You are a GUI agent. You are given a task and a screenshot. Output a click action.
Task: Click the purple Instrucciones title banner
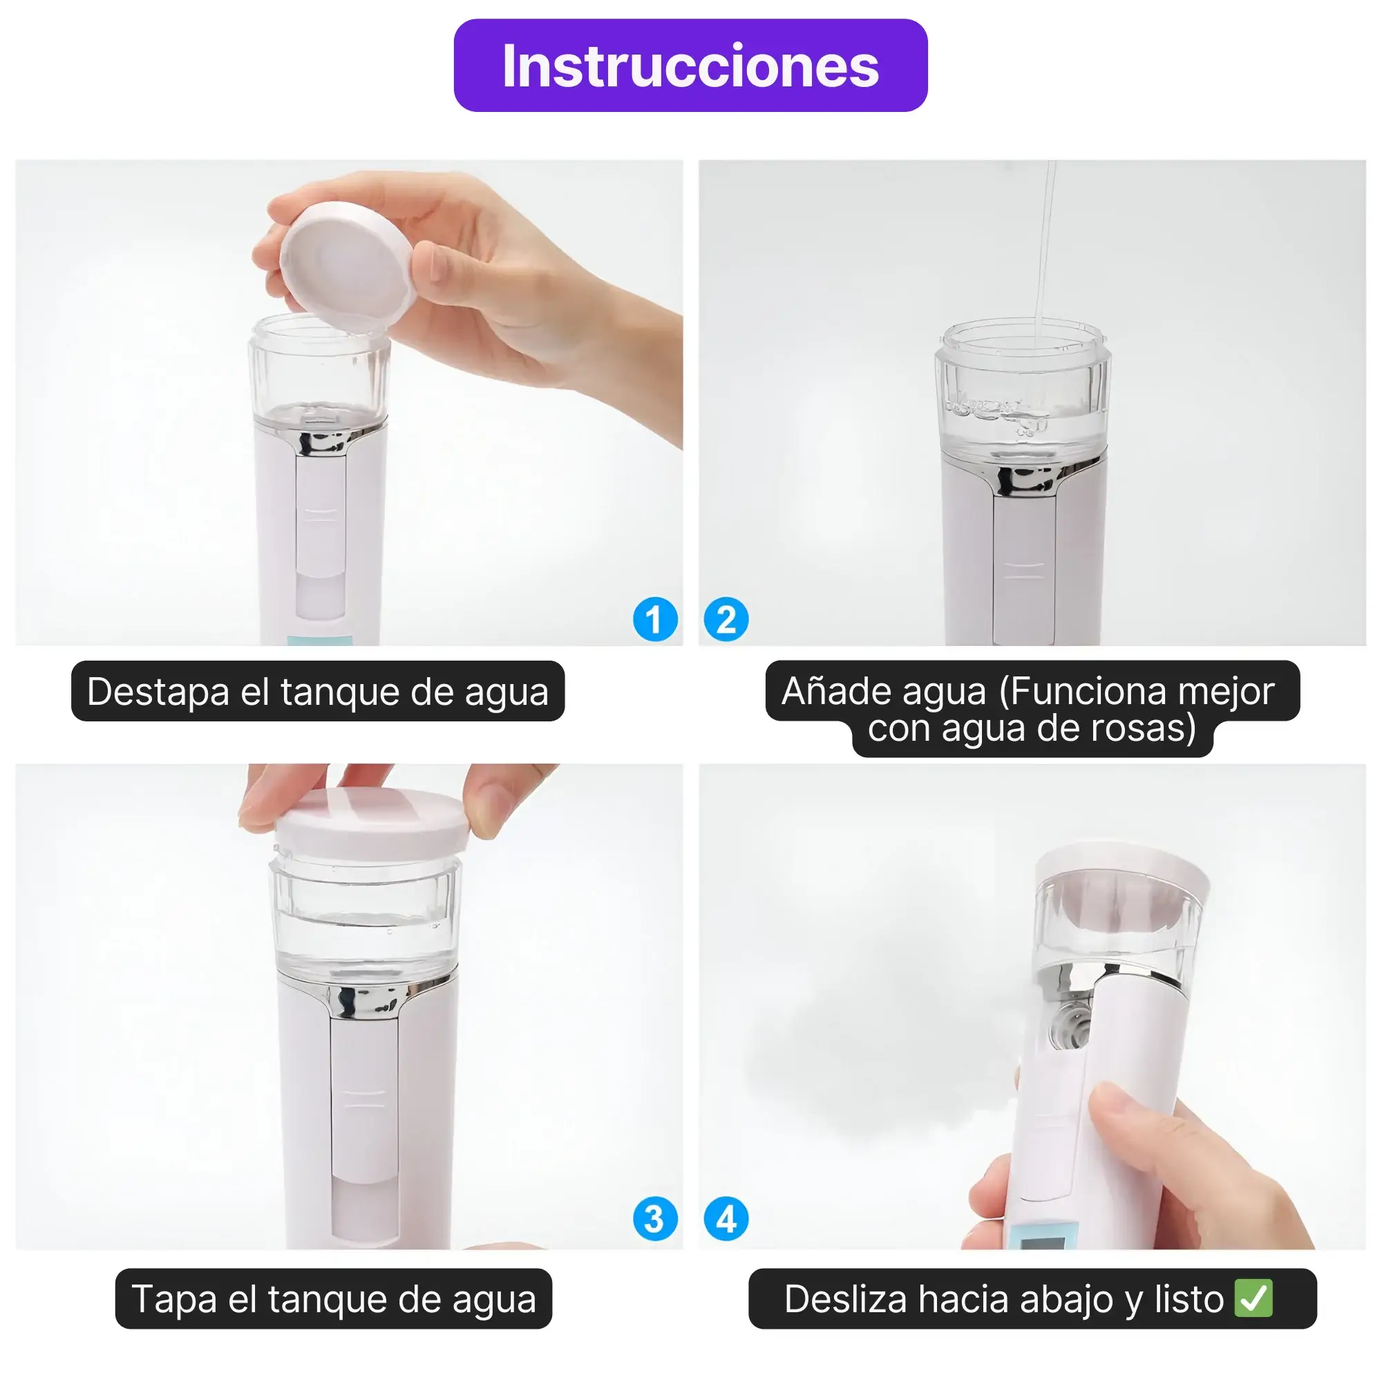pos(690,65)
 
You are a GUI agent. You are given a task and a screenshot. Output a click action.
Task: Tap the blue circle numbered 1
pos(654,619)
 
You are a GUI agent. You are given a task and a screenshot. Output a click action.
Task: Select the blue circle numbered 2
pos(726,619)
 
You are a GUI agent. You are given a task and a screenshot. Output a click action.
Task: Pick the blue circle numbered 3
pos(654,1219)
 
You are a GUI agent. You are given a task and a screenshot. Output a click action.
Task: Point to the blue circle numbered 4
pos(726,1219)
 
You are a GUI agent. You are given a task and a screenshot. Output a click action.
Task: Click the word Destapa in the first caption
pos(158,692)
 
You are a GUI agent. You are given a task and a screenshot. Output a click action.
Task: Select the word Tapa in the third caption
pos(174,1298)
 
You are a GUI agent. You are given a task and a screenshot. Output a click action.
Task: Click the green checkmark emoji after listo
pos(1253,1298)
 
